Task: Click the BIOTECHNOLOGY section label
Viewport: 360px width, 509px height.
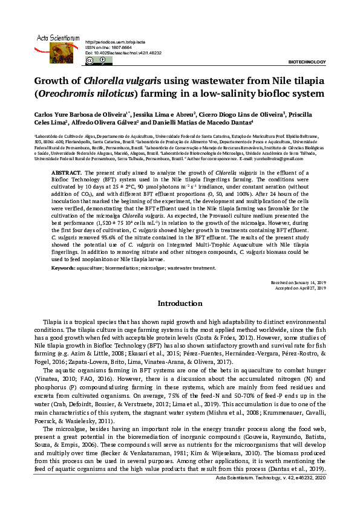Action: coord(307,62)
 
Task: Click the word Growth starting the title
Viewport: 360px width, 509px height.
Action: coord(50,81)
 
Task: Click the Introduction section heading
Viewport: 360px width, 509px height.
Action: coord(180,303)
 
